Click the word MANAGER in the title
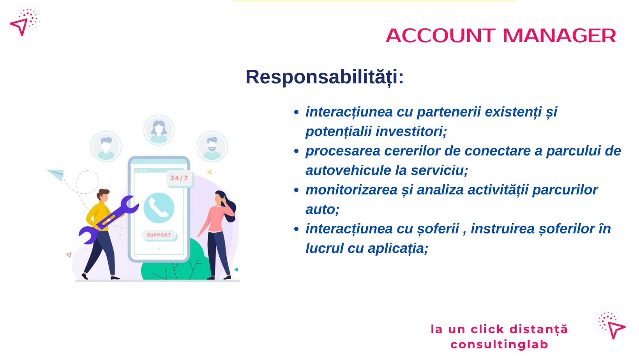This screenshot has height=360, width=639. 559,36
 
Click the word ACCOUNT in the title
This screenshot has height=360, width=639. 441,36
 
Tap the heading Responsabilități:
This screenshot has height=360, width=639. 325,77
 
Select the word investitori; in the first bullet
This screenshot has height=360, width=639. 411,131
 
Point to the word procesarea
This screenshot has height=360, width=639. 343,151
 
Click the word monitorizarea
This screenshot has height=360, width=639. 351,190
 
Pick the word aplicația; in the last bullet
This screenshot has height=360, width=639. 398,248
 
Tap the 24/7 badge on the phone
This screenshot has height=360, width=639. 180,178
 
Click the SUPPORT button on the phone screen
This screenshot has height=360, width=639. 159,235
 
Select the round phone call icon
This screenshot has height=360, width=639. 159,208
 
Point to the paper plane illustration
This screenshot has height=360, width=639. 56,175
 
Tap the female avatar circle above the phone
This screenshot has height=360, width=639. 159,131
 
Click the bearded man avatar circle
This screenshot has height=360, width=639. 212,146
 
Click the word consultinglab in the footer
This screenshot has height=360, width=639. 499,344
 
